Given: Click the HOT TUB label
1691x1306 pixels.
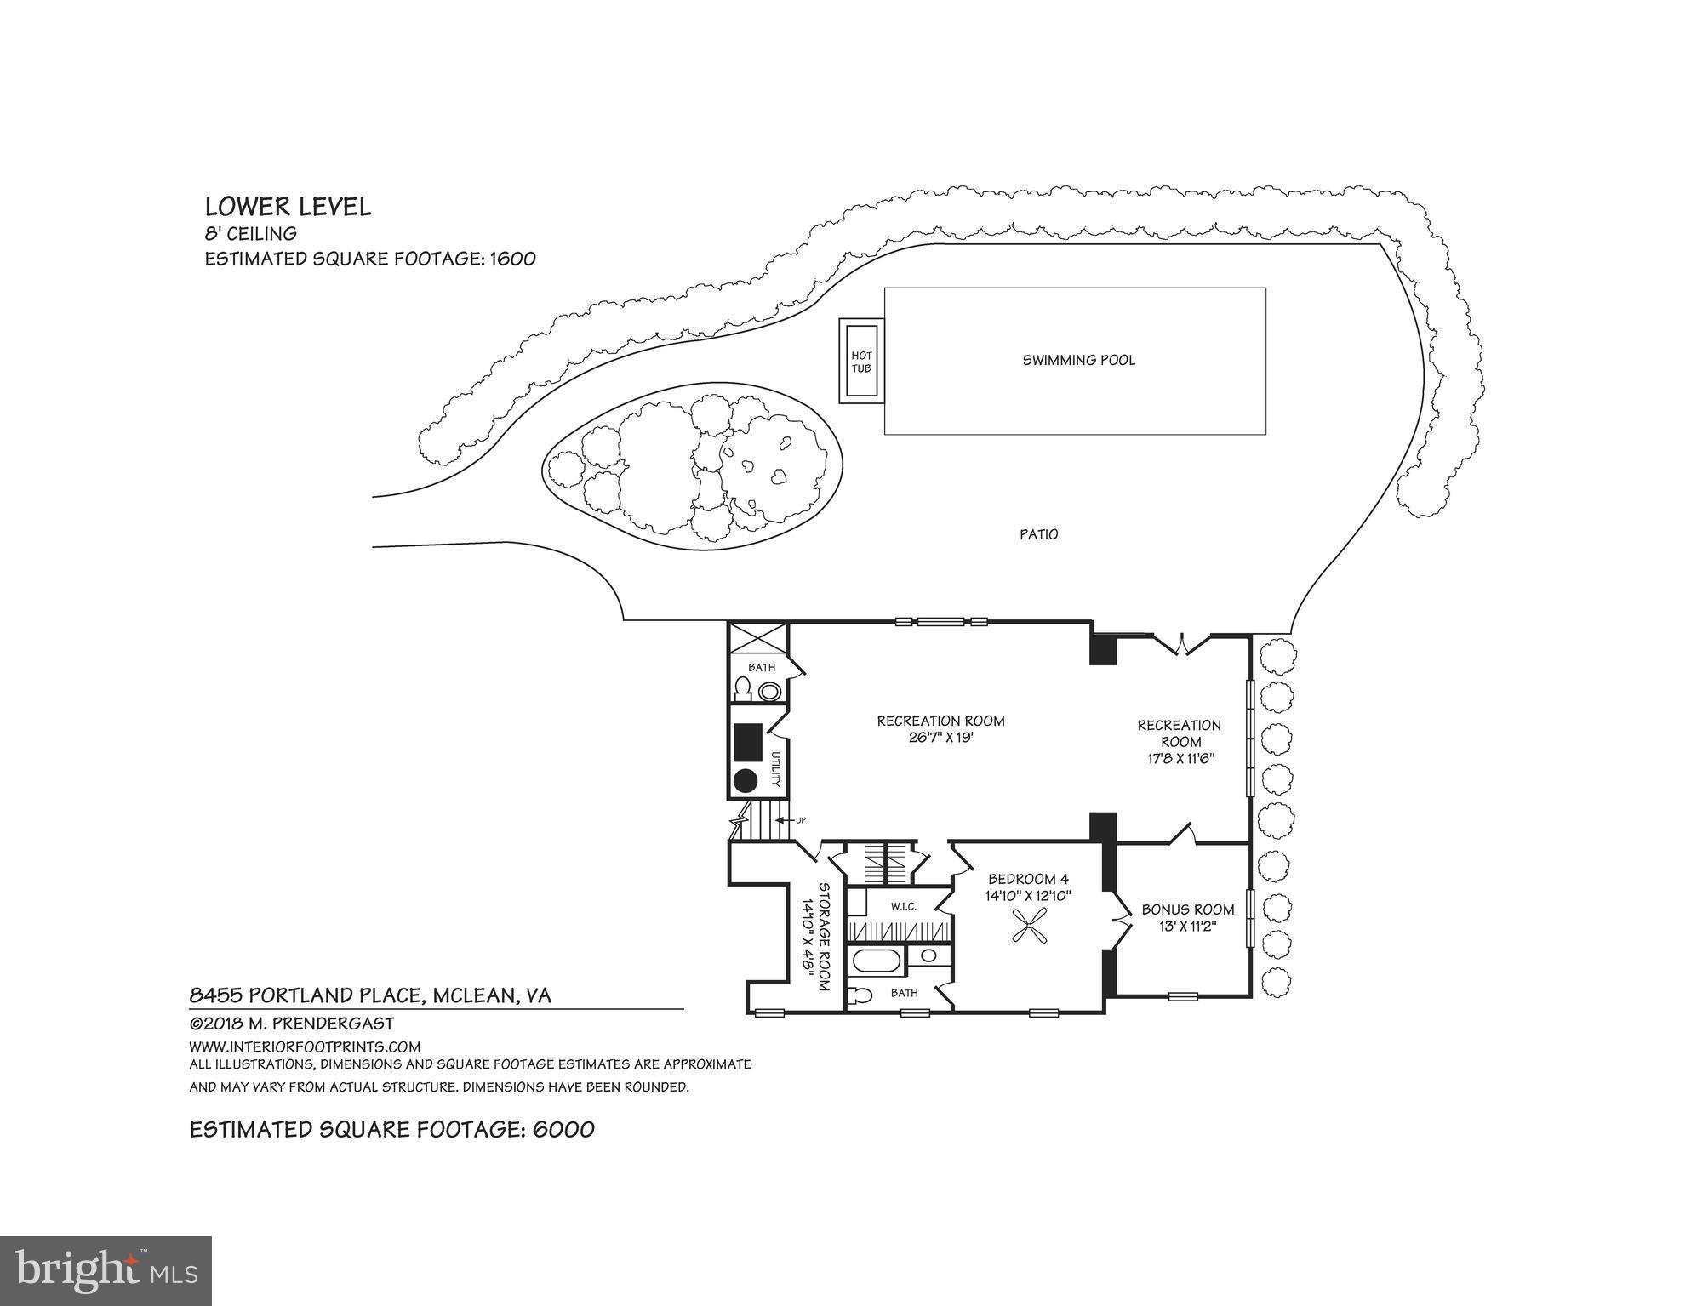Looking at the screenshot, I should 861,362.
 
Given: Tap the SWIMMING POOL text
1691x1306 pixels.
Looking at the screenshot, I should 1078,360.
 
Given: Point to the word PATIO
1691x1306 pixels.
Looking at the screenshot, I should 1039,534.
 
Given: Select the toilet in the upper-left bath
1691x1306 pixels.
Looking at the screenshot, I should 743,688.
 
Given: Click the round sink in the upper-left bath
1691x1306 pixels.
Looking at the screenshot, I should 770,691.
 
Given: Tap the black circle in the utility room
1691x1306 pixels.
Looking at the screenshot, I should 746,780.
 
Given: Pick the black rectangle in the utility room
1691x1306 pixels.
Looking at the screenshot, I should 749,742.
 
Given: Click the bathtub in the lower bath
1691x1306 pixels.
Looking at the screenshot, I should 875,961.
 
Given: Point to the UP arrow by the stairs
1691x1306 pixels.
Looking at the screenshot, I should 784,820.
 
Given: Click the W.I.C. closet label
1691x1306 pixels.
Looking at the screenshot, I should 904,906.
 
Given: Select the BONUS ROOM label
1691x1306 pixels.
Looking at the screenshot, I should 1188,910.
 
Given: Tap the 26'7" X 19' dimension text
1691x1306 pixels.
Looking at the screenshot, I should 940,738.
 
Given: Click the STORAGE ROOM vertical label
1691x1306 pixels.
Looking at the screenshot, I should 823,936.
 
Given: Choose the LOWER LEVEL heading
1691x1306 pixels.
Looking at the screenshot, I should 288,207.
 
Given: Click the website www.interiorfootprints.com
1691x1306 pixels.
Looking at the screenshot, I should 305,1047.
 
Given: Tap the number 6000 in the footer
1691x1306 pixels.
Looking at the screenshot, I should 563,1129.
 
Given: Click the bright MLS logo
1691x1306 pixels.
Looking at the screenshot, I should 106,1270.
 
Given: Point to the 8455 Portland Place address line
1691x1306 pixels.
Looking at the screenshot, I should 370,995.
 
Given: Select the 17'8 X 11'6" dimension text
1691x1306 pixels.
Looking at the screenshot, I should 1179,757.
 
